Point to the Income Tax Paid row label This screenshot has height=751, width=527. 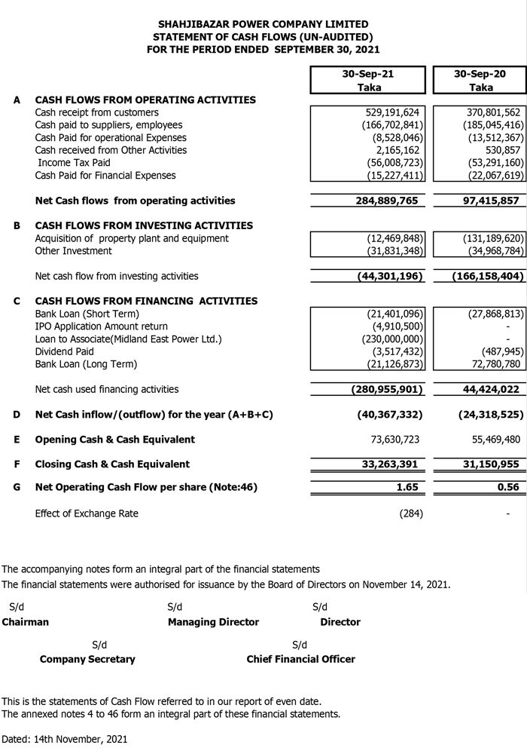click(x=74, y=163)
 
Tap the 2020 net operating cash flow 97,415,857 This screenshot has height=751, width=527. click(x=487, y=201)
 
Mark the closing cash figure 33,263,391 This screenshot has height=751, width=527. click(x=391, y=464)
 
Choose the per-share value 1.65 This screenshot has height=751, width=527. click(x=407, y=487)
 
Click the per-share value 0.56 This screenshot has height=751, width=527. click(x=508, y=487)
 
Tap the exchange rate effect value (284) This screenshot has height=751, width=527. click(x=412, y=513)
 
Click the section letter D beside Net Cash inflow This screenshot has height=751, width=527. click(x=17, y=415)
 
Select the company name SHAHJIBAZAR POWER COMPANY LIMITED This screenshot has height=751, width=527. click(x=263, y=24)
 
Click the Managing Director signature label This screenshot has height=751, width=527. click(x=213, y=622)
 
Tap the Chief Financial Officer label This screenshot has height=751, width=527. click(x=300, y=659)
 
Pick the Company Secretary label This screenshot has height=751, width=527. click(x=87, y=659)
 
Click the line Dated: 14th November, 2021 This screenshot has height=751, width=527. click(x=65, y=739)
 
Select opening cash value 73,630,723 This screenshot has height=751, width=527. click(x=391, y=440)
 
